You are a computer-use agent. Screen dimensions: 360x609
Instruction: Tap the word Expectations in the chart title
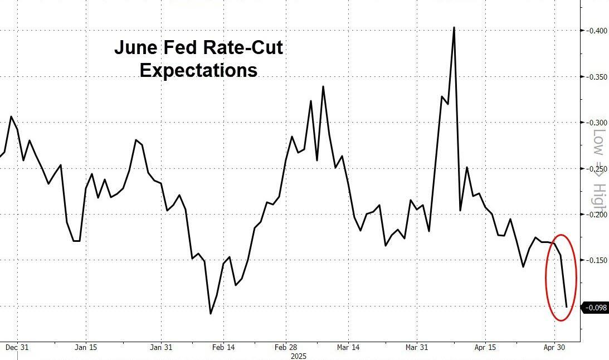[198, 71]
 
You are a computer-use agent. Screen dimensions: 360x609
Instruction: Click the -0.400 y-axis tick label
[595, 30]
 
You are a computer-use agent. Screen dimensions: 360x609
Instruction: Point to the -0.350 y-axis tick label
[595, 76]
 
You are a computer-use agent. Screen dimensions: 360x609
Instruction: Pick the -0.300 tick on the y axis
[595, 122]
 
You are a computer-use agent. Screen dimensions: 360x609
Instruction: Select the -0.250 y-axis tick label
[595, 168]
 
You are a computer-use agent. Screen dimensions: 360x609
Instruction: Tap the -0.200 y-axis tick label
[595, 214]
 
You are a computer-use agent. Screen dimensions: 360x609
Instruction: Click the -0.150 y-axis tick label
[595, 260]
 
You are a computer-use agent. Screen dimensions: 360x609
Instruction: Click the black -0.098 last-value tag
[595, 308]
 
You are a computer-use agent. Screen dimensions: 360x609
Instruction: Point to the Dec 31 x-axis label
[17, 347]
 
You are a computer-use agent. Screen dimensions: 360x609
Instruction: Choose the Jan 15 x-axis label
[86, 347]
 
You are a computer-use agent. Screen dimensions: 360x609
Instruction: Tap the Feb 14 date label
[223, 347]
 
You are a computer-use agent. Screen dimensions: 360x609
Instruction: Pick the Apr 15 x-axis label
[485, 347]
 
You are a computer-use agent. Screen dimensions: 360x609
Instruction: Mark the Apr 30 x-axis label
[554, 347]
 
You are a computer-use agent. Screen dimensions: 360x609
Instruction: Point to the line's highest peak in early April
[454, 27]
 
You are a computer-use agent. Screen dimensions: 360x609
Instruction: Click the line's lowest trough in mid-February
[211, 314]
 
